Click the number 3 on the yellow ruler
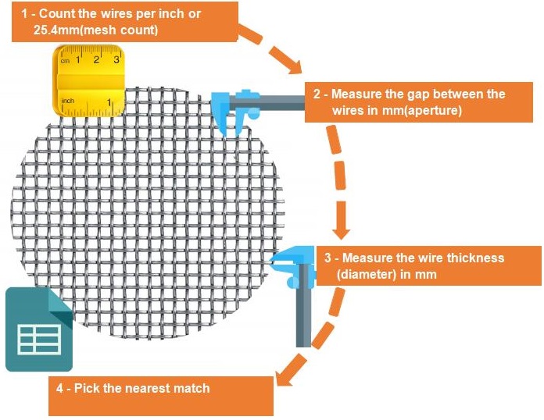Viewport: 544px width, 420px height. (x=116, y=59)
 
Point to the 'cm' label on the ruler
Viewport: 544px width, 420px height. (x=66, y=60)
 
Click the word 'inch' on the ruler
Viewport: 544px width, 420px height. (x=68, y=101)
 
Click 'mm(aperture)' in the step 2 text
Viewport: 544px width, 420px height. (x=424, y=111)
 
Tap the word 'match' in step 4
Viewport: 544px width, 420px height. (x=191, y=388)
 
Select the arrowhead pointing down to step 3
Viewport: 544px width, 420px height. (x=341, y=232)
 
